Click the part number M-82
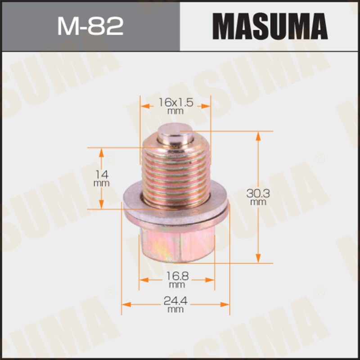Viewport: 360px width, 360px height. (90, 26)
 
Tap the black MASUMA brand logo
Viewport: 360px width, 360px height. (270, 26)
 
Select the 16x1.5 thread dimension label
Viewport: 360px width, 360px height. (175, 103)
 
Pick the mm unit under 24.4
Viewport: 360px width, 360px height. (176, 310)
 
